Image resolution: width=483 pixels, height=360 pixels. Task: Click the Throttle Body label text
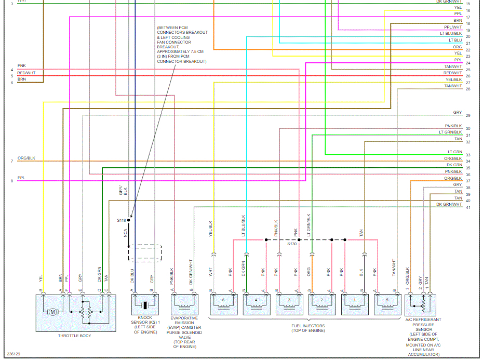(x=74, y=336)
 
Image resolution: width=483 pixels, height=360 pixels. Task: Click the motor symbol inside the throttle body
(x=52, y=312)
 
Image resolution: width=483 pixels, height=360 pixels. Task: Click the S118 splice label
(x=122, y=220)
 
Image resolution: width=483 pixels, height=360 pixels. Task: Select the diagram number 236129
(x=14, y=354)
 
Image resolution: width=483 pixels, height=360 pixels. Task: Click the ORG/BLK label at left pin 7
(x=26, y=158)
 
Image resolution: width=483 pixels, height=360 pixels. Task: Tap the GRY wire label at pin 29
(x=457, y=113)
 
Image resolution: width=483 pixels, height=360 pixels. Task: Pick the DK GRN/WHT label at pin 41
(x=449, y=205)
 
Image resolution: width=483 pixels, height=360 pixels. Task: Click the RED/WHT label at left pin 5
(x=26, y=73)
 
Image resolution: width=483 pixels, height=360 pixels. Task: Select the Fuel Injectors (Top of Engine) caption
(x=308, y=328)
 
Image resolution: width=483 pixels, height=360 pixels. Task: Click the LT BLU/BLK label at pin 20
(x=450, y=33)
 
